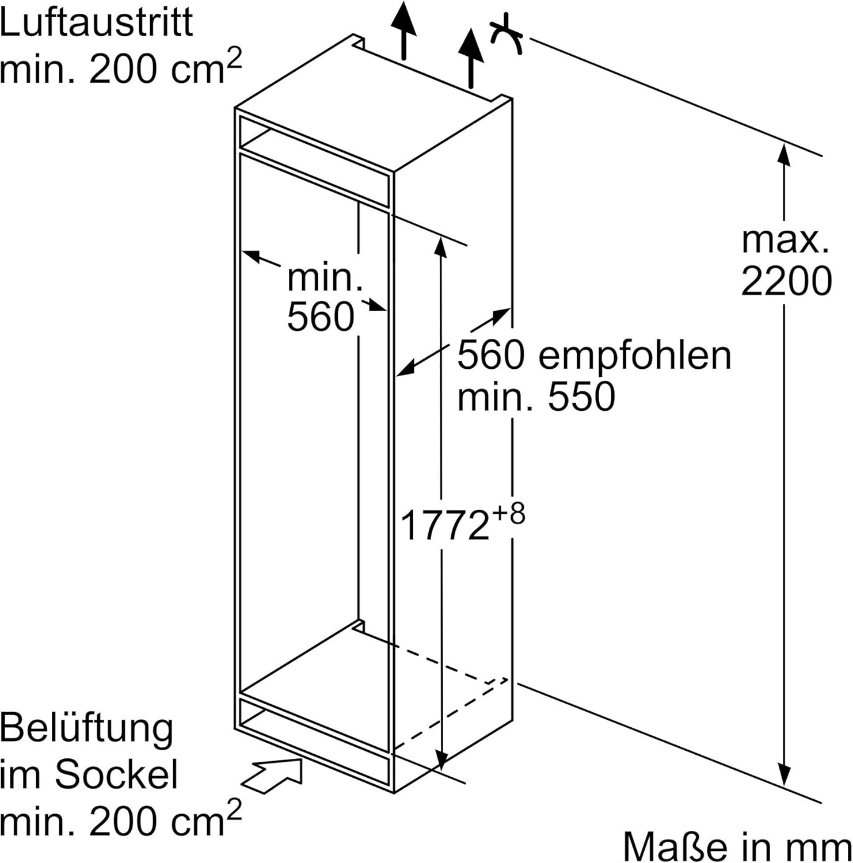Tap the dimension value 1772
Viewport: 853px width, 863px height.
click(444, 525)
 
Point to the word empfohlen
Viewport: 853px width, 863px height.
click(635, 356)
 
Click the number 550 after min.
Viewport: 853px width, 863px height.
click(581, 396)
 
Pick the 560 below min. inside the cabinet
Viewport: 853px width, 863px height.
click(321, 316)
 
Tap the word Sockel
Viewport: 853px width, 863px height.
click(116, 774)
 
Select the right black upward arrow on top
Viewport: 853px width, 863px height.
click(471, 58)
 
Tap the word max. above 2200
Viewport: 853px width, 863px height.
click(785, 240)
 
